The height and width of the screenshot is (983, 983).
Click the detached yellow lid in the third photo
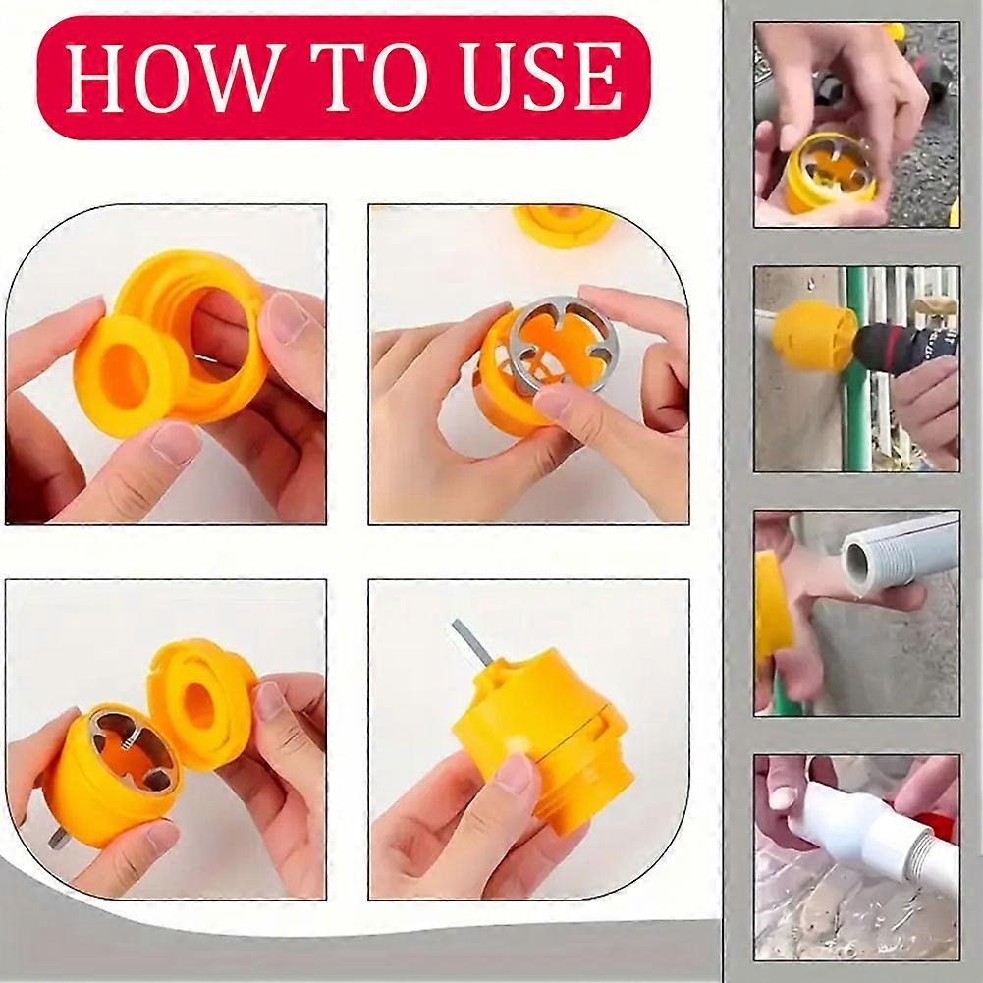point(200,699)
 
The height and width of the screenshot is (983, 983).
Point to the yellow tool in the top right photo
point(831,173)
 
